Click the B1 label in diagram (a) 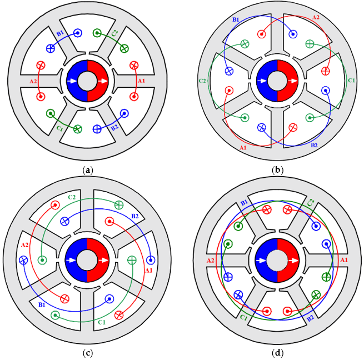(x=60, y=33)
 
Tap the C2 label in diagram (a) (x=114, y=33)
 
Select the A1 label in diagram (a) (x=141, y=81)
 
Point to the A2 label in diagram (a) (x=33, y=82)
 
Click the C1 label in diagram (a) (x=59, y=128)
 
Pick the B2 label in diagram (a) (x=115, y=128)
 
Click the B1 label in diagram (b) (x=236, y=20)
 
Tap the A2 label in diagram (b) (x=316, y=17)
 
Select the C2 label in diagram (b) (x=202, y=81)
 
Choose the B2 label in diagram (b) (x=314, y=146)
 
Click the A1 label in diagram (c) (x=148, y=271)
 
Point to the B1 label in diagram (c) (x=42, y=305)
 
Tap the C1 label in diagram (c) (x=102, y=322)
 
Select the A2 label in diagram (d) (x=210, y=261)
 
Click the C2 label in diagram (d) (x=311, y=202)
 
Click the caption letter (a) (x=88, y=171)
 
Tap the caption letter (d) (x=278, y=353)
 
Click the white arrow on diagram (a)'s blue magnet (x=72, y=81)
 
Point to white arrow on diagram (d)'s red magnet (x=293, y=261)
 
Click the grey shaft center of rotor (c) (x=87, y=260)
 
